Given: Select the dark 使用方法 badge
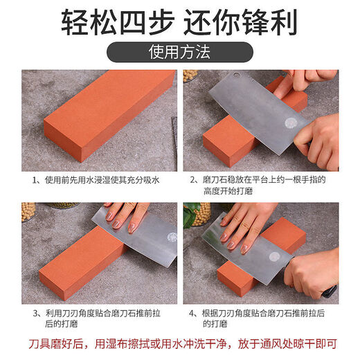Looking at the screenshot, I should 179,52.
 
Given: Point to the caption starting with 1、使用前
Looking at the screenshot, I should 97,180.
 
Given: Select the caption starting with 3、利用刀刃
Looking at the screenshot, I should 97,318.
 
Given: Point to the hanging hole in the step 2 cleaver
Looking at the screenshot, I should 236,75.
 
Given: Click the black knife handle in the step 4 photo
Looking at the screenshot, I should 328,291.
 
